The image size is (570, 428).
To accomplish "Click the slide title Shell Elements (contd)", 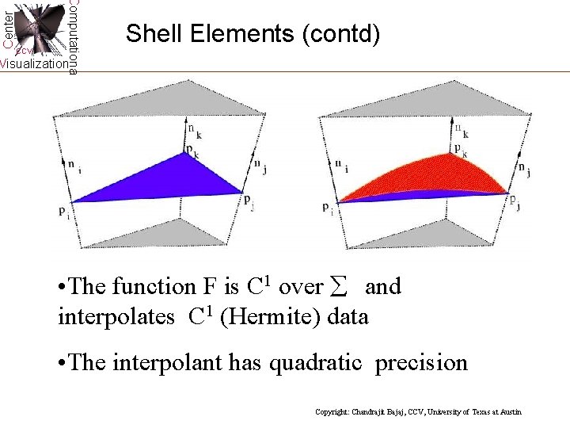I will tap(253, 33).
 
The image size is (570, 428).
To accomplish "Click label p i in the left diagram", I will tap(63, 211).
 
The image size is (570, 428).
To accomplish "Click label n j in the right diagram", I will tap(523, 168).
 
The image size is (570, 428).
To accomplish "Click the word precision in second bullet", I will tap(421, 363).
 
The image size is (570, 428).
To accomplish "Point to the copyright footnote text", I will tap(418, 412).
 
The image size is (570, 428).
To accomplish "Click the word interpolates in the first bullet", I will tap(117, 318).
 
